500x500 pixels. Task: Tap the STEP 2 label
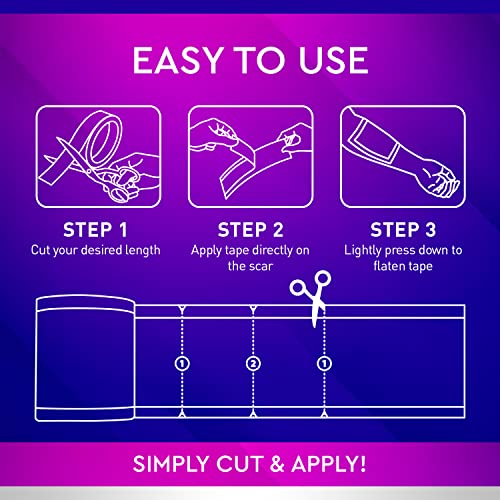click(250, 225)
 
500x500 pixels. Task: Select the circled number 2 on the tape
click(253, 362)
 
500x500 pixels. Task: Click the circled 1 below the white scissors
click(323, 362)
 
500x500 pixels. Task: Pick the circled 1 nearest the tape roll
click(182, 362)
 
